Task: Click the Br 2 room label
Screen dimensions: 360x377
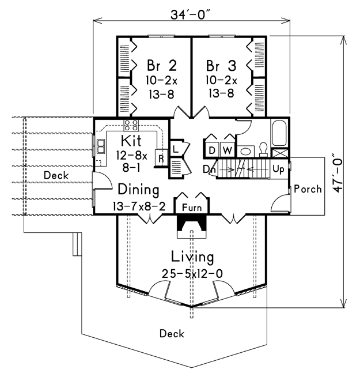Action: coord(162,65)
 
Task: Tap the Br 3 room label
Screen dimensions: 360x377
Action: coord(221,65)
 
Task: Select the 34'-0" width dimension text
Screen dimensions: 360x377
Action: coord(191,15)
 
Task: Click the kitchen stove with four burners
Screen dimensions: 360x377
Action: coord(131,126)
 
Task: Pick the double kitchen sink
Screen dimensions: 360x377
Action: coord(101,146)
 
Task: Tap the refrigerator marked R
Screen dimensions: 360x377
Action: coord(161,158)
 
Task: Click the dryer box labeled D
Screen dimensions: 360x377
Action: coord(212,150)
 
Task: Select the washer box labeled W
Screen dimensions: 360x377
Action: coord(228,150)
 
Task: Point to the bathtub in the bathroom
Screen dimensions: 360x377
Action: coord(279,133)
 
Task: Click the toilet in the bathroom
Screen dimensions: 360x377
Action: coord(264,149)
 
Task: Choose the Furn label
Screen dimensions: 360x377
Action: coord(192,208)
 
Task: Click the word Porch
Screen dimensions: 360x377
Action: coord(308,189)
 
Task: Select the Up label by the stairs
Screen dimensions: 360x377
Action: coord(278,169)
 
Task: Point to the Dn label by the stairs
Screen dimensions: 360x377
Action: coord(210,169)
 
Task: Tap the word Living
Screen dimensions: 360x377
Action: coord(192,257)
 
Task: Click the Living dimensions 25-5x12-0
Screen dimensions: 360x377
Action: coord(192,274)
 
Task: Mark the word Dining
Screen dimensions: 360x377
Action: coord(138,190)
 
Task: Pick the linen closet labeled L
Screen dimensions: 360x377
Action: coord(176,149)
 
